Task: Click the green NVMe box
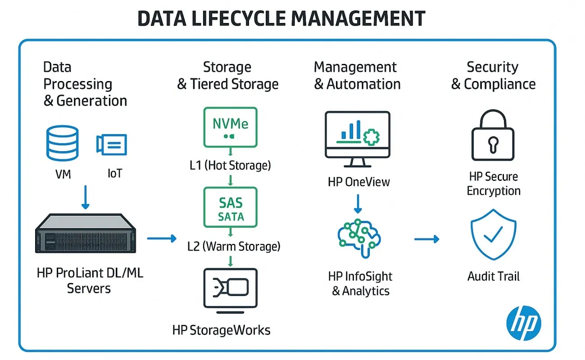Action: [230, 127]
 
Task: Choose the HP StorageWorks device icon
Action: [230, 290]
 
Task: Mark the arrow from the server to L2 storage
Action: [162, 238]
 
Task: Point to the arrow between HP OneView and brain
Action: [358, 204]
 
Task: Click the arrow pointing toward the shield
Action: [426, 238]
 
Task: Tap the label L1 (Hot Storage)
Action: [231, 166]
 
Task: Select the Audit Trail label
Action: [494, 276]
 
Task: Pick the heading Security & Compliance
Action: [493, 76]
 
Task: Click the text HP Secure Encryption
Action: [494, 184]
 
